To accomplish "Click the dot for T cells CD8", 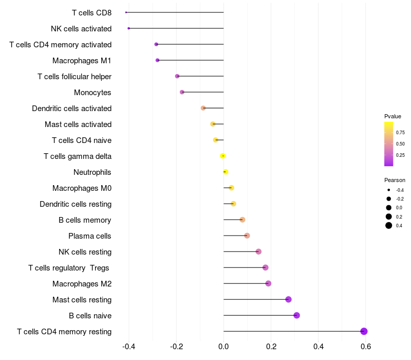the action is tap(126, 12).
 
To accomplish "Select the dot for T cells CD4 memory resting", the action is tap(364, 331).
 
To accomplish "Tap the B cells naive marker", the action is tap(297, 315).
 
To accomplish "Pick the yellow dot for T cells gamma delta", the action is tap(223, 156).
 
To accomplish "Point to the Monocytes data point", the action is tap(182, 92).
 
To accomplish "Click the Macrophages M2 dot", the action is tap(268, 283).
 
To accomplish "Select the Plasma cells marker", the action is tap(247, 236).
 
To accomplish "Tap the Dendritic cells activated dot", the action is tap(203, 108).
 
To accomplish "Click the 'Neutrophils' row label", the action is tap(92, 172).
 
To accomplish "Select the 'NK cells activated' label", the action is tap(81, 29).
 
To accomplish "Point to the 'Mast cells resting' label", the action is tap(82, 300).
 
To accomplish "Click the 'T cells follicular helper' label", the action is tap(74, 76).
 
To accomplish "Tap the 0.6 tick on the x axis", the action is tap(366, 347).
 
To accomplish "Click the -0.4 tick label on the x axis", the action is tap(129, 347).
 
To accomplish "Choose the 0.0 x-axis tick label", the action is tap(223, 347).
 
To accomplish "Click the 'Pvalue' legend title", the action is tap(393, 117).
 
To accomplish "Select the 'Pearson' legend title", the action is tap(395, 180).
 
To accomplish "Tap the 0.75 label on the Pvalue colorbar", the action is tap(400, 133).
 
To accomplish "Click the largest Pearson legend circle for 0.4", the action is tap(389, 225).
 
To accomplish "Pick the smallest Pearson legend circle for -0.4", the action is tap(389, 190).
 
